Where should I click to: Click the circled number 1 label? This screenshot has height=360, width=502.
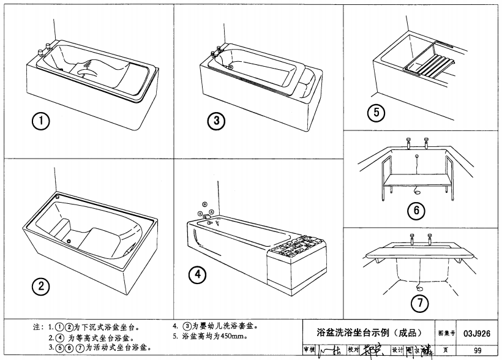coord(41,121)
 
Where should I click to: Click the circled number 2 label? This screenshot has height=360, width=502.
coord(41,285)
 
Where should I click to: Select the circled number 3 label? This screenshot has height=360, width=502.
coord(215,121)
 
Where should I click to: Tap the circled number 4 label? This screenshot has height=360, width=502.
coord(196,274)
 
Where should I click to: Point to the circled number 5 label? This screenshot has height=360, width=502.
coord(375,112)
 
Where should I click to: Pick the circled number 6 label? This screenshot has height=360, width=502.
coord(416,211)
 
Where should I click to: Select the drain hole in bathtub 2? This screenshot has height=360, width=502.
coord(69,241)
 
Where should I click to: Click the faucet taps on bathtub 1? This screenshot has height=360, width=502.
coord(45,49)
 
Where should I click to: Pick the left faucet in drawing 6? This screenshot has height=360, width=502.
coord(408,143)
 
